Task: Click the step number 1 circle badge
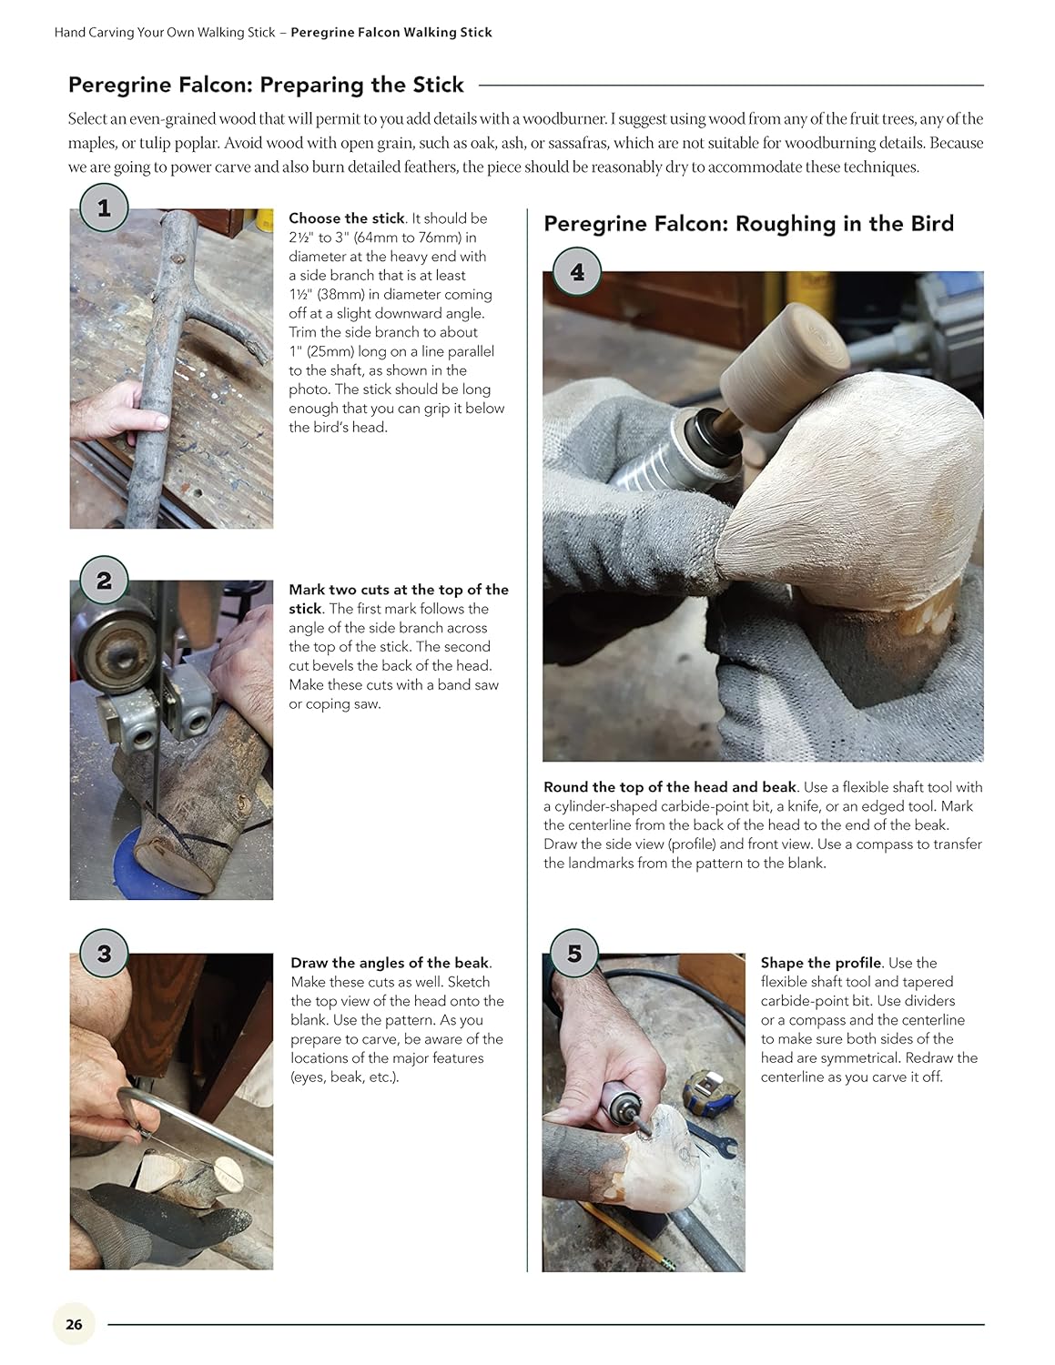104,208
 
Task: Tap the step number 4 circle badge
577,272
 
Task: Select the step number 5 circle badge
573,954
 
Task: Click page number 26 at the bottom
75,1324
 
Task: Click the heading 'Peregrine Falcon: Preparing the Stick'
266,85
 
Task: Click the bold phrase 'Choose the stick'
346,218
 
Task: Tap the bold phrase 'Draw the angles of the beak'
390,963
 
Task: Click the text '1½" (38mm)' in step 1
328,294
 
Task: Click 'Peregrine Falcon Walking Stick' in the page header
391,33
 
